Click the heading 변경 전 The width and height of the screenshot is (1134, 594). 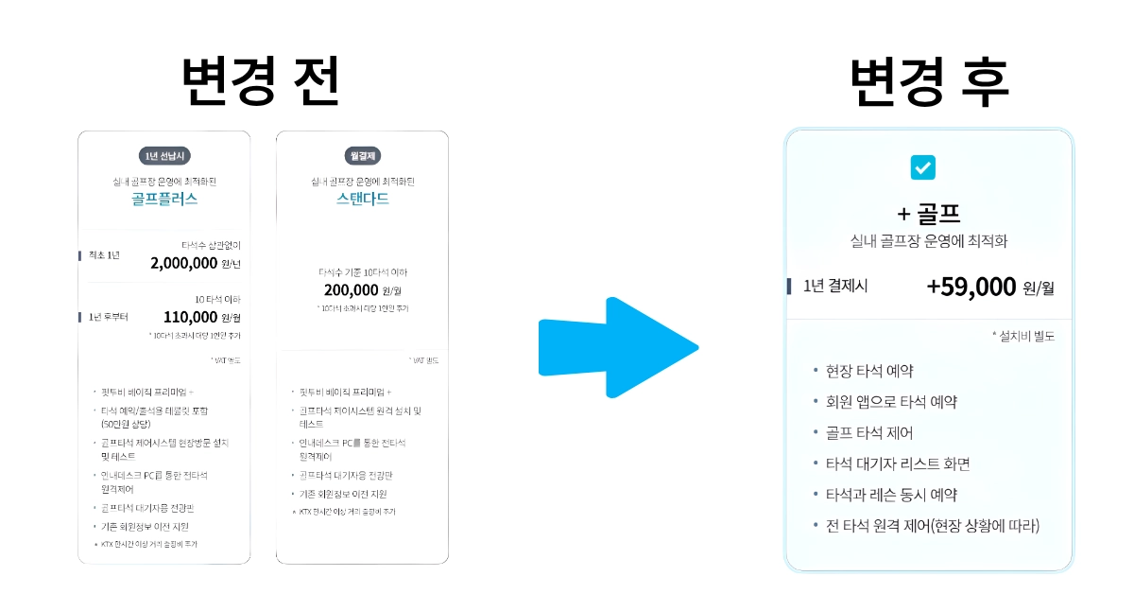click(x=261, y=83)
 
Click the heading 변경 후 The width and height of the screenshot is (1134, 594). click(x=929, y=83)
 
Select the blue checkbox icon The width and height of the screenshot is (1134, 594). click(x=922, y=167)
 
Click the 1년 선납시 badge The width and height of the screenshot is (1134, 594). click(x=164, y=155)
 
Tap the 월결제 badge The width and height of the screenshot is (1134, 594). click(x=363, y=155)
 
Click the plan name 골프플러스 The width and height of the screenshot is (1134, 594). click(x=164, y=200)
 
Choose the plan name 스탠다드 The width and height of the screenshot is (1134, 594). click(x=363, y=200)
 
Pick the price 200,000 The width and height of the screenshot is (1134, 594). click(x=351, y=290)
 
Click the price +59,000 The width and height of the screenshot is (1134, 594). click(x=971, y=287)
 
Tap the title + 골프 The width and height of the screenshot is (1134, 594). click(x=929, y=213)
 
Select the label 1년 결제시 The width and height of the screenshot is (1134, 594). click(x=835, y=286)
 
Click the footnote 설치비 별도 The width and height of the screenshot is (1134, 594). click(x=1023, y=336)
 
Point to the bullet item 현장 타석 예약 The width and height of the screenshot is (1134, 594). click(x=869, y=371)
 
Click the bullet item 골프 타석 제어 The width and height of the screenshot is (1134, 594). click(x=869, y=432)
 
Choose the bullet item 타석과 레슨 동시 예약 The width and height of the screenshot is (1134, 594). click(x=891, y=495)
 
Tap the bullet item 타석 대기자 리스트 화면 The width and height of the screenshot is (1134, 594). click(x=898, y=463)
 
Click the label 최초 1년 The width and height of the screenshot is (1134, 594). click(x=104, y=255)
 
